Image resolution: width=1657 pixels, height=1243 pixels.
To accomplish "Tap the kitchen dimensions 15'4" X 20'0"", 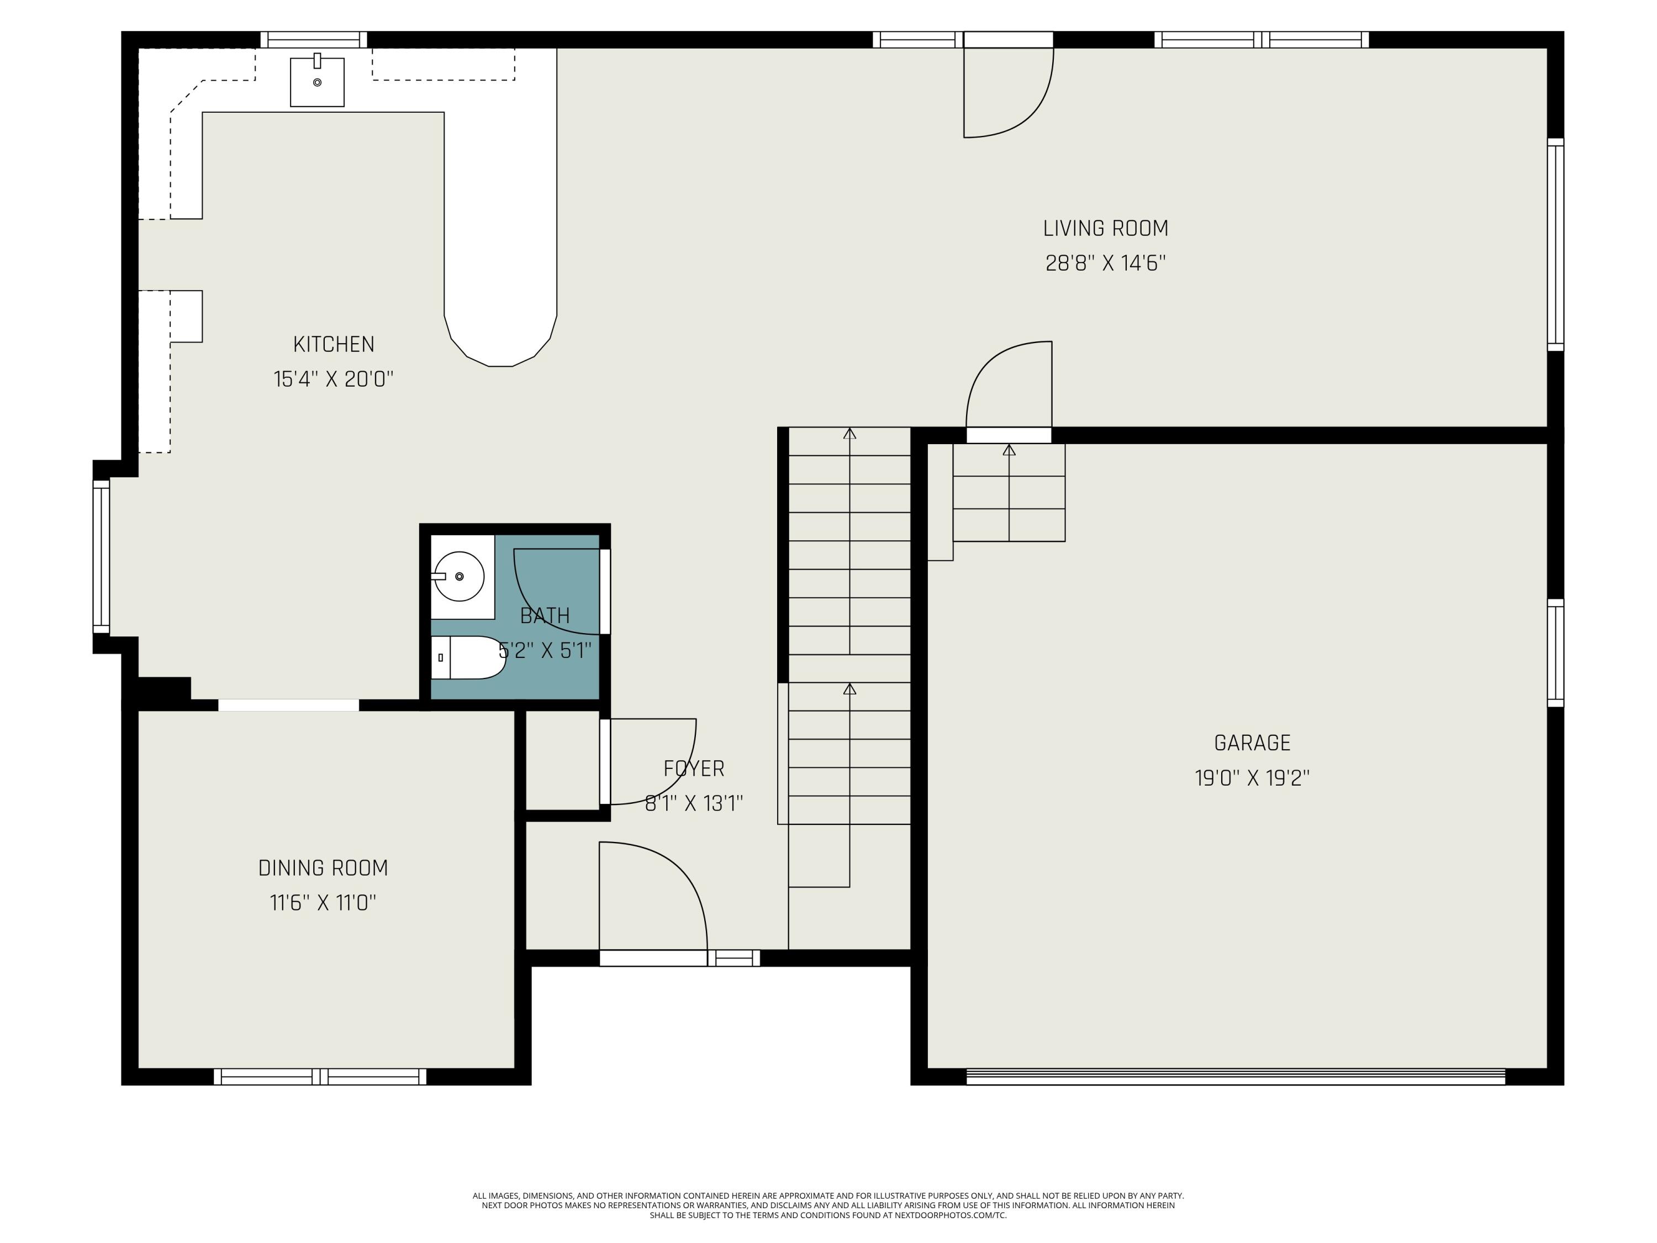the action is point(334,379).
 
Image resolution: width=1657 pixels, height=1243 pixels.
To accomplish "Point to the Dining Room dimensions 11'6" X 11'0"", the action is point(323,903).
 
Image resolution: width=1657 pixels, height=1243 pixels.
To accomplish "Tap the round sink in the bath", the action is point(459,576).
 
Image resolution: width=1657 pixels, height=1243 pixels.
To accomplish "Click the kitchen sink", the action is point(317,82).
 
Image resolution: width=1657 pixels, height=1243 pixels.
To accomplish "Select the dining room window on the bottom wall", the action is point(320,1077).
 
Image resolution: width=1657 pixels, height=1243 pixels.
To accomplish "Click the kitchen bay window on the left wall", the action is point(101,557).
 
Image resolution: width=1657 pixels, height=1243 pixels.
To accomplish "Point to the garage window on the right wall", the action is point(1555,652).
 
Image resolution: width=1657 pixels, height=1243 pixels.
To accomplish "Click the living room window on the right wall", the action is point(1555,244).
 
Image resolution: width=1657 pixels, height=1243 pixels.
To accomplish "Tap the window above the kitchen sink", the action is point(313,40).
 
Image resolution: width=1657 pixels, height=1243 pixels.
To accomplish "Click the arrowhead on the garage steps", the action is point(1009,450).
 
